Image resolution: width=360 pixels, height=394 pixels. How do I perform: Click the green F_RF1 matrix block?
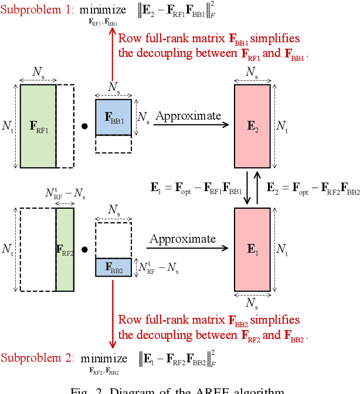tap(38, 126)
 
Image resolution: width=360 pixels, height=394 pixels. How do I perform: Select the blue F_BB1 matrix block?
tap(113, 117)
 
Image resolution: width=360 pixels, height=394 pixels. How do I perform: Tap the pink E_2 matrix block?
tap(252, 126)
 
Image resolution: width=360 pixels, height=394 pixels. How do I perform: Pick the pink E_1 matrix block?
tap(252, 249)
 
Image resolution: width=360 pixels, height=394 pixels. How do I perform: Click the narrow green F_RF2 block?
tap(64, 249)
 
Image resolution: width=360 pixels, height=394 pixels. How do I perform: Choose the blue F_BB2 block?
tap(113, 267)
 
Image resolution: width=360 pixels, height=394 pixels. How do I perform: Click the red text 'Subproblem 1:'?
tap(36, 10)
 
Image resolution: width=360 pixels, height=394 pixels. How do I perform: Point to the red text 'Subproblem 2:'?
tap(36, 358)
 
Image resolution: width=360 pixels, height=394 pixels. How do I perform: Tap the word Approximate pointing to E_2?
tap(188, 116)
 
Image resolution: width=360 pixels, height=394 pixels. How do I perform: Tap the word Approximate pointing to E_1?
tap(182, 239)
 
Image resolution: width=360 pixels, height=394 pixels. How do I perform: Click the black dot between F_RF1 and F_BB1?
tap(84, 126)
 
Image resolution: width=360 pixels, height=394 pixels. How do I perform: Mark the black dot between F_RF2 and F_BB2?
tap(84, 249)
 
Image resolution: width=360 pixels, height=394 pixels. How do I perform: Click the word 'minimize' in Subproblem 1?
tap(103, 10)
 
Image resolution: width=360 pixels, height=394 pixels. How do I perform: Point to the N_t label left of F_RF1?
tap(7, 126)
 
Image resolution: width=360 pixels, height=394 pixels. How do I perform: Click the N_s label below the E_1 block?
tap(252, 304)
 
